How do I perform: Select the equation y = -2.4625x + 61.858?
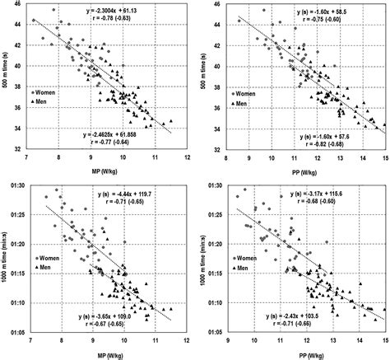click(125, 133)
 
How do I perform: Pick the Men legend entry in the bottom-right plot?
click(244, 256)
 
